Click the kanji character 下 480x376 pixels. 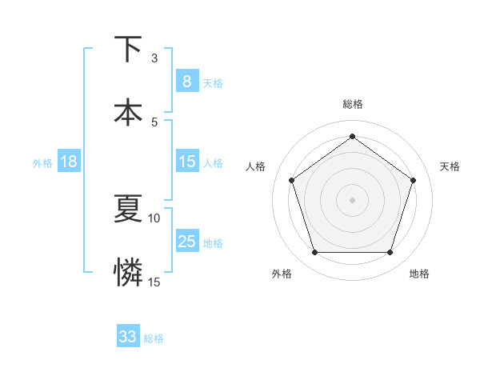[x=128, y=49]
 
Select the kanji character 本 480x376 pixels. [x=128, y=112]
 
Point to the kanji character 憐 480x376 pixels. [x=128, y=272]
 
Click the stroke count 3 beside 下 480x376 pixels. [x=154, y=58]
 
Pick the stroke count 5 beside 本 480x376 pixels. [x=154, y=122]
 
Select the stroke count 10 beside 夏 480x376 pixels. [x=154, y=218]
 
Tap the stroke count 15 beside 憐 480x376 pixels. [x=154, y=282]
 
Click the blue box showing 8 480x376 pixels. [x=186, y=81]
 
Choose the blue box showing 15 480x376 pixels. [x=186, y=162]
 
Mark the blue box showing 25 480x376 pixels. [x=186, y=242]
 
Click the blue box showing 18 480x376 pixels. [x=69, y=162]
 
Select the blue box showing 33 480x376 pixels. [x=128, y=337]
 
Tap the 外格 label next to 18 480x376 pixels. [x=42, y=162]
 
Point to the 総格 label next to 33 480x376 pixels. [x=154, y=338]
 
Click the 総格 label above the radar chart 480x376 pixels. [x=352, y=104]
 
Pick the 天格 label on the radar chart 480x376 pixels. [x=450, y=166]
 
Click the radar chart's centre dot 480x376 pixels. [x=352, y=199]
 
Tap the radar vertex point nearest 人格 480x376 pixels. [x=291, y=180]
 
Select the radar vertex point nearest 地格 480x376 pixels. [x=390, y=252]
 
